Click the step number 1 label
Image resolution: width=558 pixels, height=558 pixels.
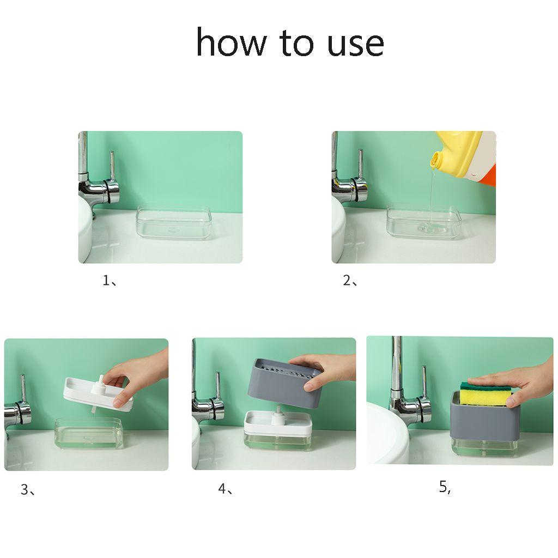[109, 281]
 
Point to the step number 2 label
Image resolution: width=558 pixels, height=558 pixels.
[350, 281]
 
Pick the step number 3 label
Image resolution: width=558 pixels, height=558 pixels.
[28, 490]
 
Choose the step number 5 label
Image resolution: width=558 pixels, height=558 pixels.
[445, 487]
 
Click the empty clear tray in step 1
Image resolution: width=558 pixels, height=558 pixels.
[174, 222]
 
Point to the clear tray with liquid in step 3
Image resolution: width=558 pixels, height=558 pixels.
[89, 433]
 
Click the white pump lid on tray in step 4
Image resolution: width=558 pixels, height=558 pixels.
[278, 423]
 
